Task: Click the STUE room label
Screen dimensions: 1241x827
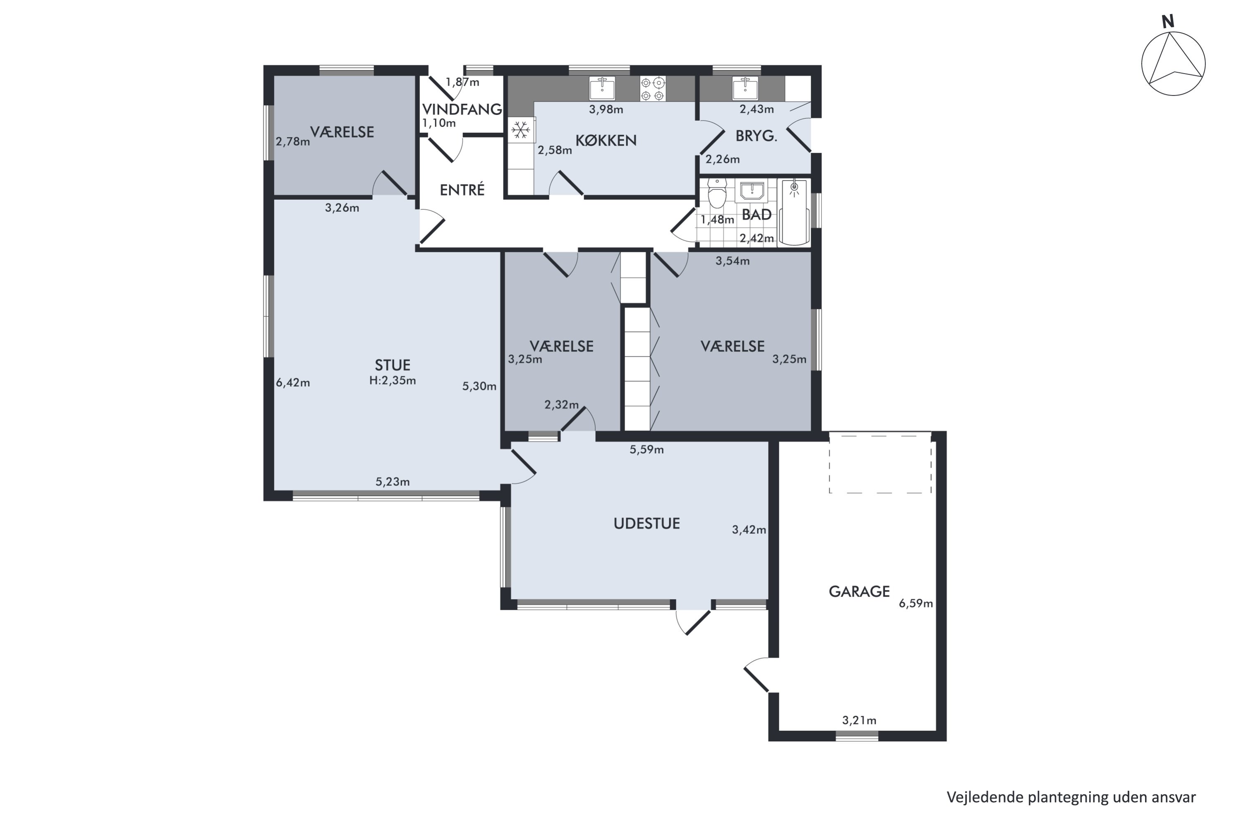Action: point(392,365)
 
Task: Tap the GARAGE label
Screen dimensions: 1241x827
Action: point(859,591)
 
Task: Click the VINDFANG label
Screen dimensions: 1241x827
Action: point(462,109)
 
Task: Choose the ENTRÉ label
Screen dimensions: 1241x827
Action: point(462,189)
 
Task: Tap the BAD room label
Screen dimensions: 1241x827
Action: point(757,215)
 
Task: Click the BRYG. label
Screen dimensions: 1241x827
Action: point(756,136)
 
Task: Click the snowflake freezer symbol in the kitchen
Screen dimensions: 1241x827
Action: point(521,130)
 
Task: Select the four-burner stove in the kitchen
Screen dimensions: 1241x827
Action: point(653,88)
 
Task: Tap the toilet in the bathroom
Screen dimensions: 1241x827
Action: point(717,193)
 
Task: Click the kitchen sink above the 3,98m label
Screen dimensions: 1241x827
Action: point(602,88)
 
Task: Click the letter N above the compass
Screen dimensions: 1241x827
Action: point(1168,22)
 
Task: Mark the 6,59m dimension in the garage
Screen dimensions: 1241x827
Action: point(916,603)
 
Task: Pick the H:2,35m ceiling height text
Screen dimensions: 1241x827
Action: point(393,381)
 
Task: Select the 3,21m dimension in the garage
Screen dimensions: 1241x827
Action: point(859,720)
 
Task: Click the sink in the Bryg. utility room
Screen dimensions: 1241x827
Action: point(745,88)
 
